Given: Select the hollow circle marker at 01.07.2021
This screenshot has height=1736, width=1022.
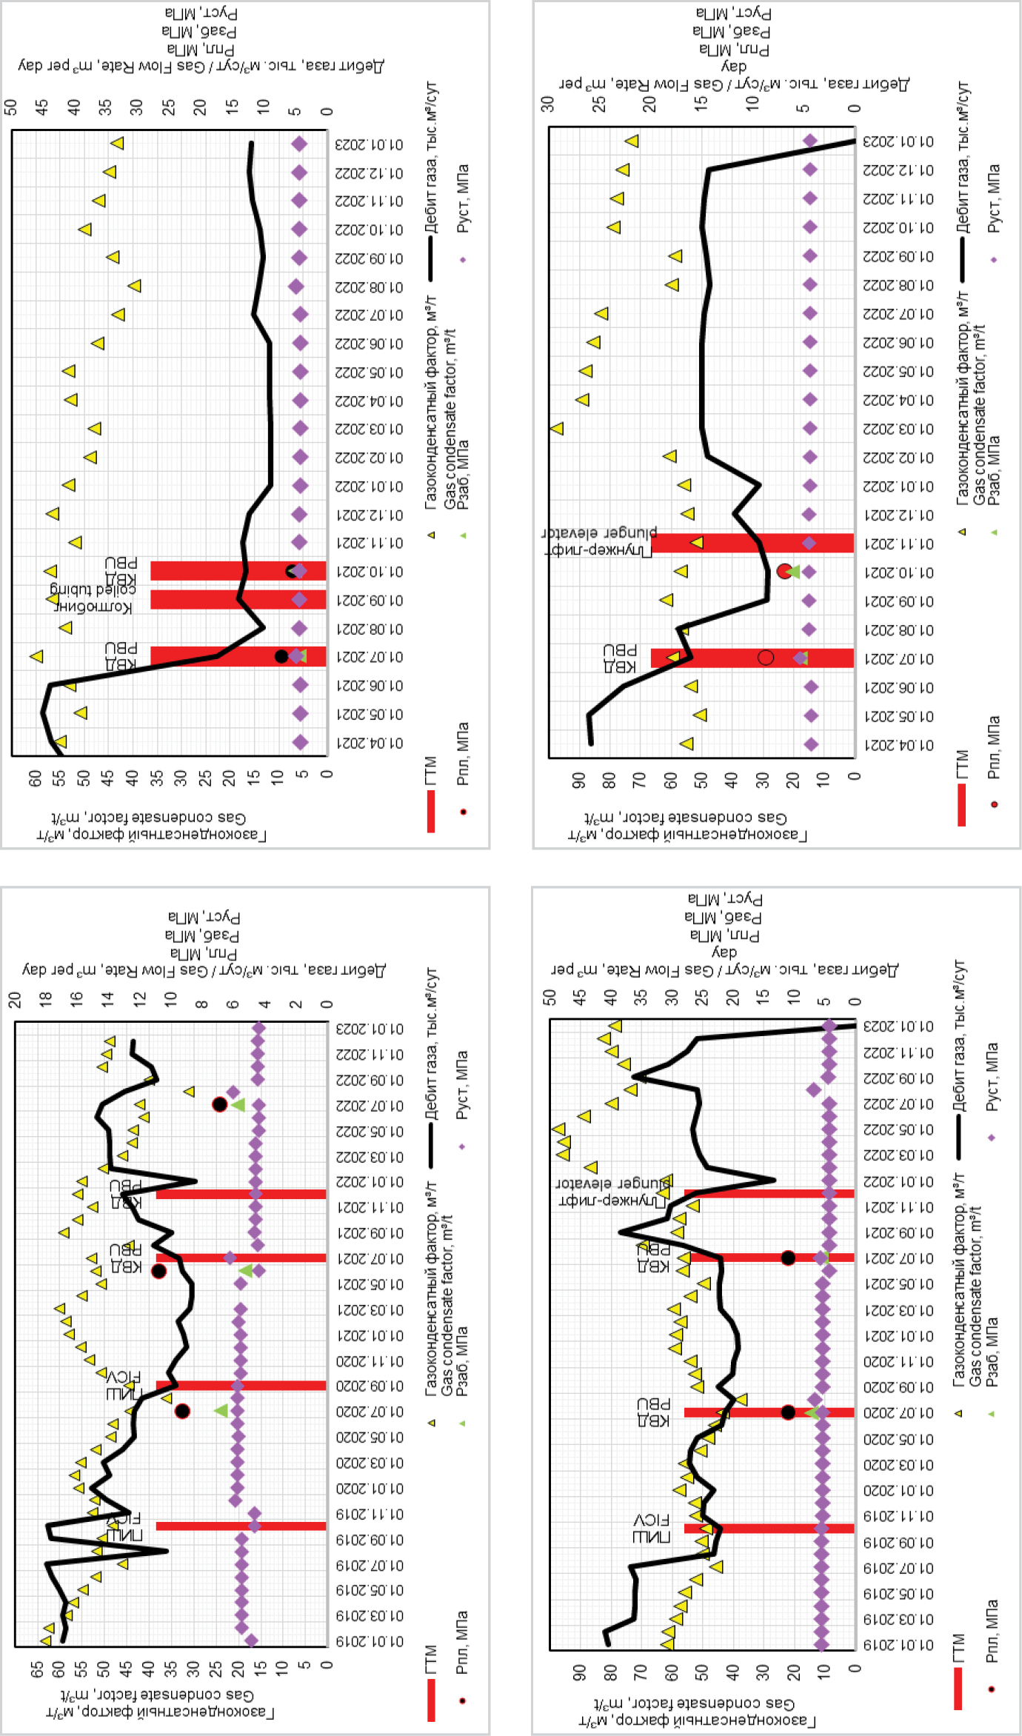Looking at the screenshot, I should (766, 657).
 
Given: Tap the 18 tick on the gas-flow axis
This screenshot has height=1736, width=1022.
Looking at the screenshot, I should (45, 999).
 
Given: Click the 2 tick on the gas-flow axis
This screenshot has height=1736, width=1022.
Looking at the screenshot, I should (295, 1004).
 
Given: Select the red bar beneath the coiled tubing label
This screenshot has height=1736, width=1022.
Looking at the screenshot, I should (237, 599).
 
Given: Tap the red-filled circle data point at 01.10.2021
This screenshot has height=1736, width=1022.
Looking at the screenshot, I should (785, 571).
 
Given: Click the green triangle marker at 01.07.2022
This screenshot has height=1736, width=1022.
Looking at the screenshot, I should (238, 1104).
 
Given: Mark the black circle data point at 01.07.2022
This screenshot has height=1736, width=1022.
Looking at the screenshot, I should (219, 1104).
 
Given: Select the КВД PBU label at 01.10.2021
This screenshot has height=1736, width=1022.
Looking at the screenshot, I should (121, 570).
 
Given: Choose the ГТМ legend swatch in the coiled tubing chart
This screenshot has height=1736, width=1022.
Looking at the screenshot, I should (431, 811).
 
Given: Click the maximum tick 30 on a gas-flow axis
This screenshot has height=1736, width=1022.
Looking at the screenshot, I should (547, 104).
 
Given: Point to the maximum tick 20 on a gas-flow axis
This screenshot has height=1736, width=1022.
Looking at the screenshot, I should (14, 999).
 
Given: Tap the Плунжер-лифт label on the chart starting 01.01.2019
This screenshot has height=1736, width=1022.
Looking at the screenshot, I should (613, 1190).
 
